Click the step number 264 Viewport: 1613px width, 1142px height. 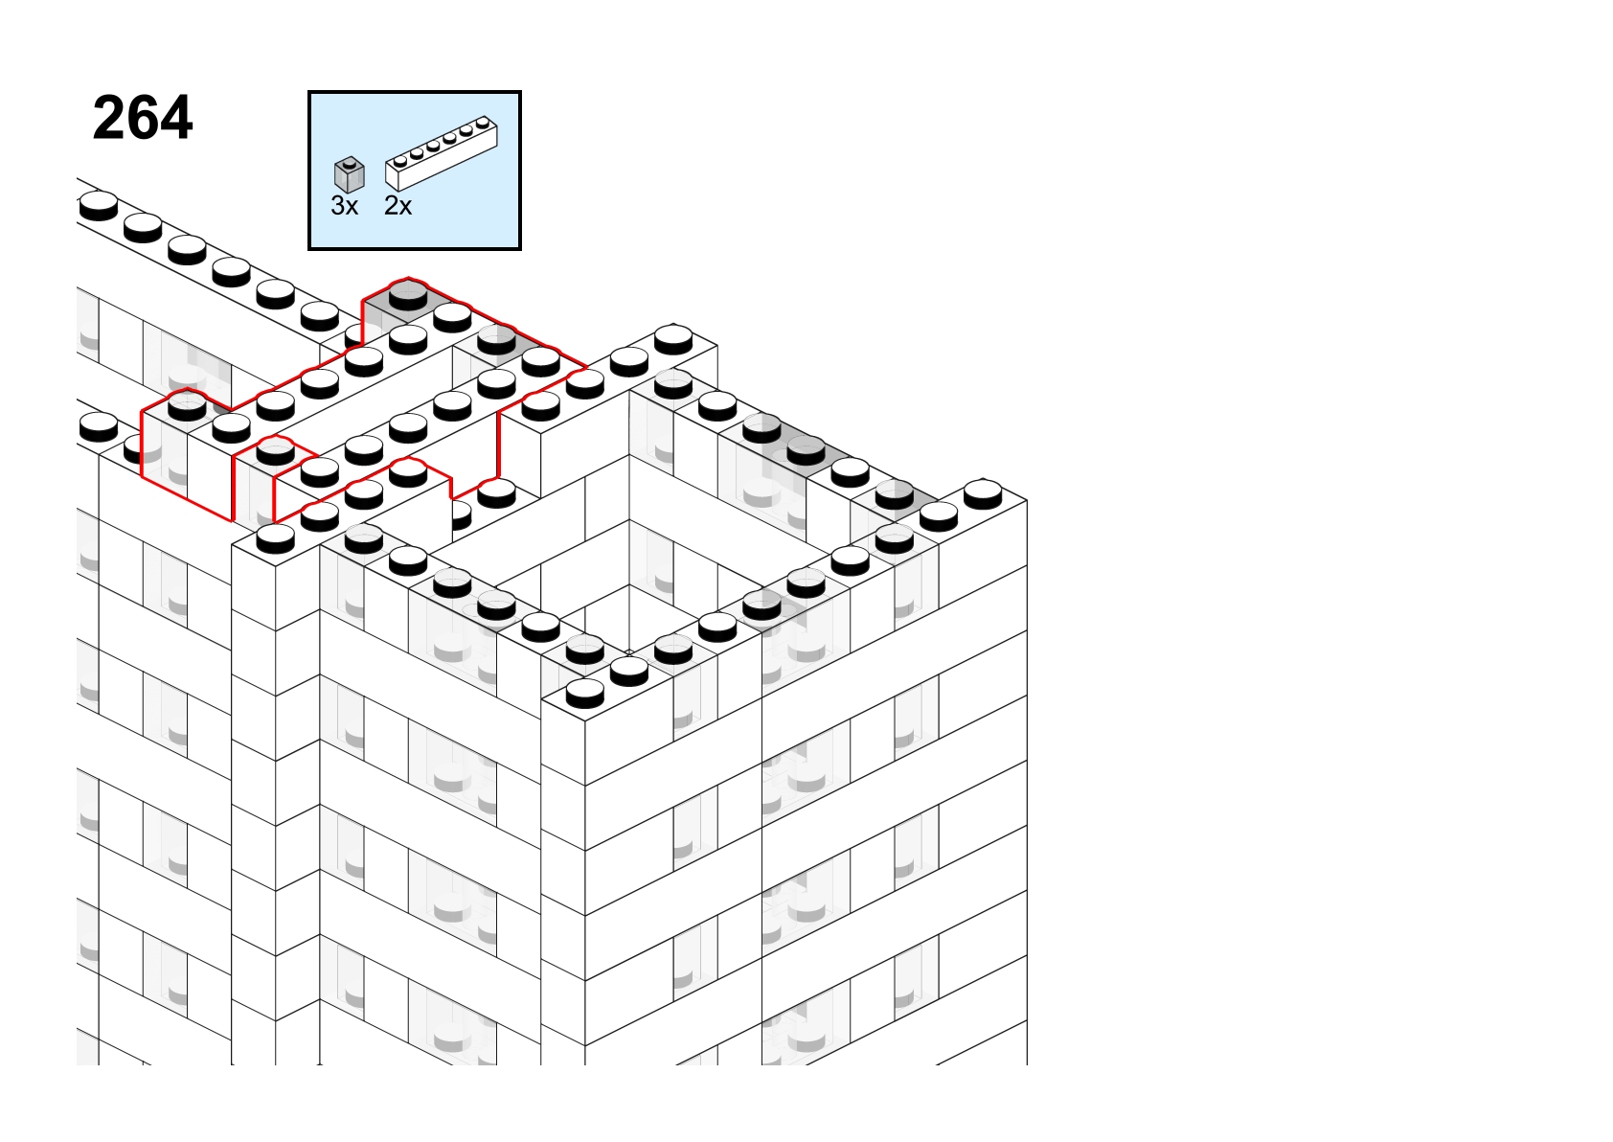click(143, 118)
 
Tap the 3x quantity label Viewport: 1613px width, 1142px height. click(344, 206)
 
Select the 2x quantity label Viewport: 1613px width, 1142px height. click(398, 206)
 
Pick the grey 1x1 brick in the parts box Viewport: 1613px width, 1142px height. click(350, 174)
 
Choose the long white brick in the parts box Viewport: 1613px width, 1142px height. click(442, 153)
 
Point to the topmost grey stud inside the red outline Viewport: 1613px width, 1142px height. click(408, 295)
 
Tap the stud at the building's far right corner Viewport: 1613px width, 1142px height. click(983, 494)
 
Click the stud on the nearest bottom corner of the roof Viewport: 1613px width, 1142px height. click(584, 693)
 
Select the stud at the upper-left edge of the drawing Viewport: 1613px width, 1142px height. click(99, 206)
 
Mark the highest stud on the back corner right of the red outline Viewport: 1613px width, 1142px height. click(673, 339)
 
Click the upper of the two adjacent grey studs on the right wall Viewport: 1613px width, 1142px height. click(761, 429)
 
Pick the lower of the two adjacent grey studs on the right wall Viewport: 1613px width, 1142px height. click(806, 450)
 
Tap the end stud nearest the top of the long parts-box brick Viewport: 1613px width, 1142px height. click(484, 124)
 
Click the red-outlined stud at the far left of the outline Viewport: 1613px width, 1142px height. click(187, 407)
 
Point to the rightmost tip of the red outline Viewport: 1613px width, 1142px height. click(587, 367)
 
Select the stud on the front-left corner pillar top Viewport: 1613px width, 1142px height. click(275, 537)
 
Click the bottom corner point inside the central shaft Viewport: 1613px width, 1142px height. click(629, 652)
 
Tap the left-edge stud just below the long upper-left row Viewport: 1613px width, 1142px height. click(99, 427)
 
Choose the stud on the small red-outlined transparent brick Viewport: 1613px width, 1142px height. click(275, 451)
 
